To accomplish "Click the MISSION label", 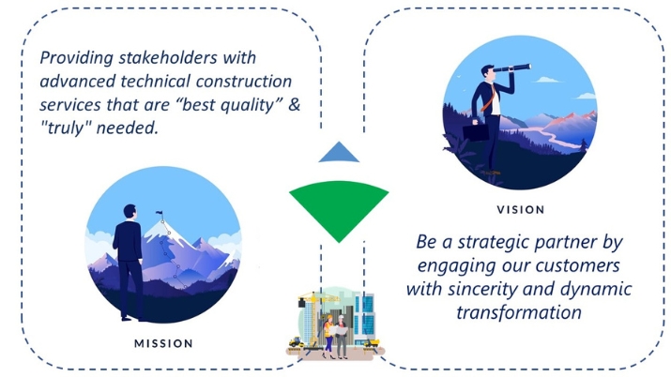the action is click(163, 343).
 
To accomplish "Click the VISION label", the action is click(521, 210).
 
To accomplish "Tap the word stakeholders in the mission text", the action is click(168, 58).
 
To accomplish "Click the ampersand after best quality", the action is click(294, 105).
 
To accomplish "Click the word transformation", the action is click(519, 312).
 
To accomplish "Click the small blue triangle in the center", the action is click(339, 152).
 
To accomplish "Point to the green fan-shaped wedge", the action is click(339, 205).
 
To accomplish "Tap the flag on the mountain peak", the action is click(160, 213).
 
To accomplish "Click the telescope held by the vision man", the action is click(511, 68).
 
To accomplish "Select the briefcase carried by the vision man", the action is click(476, 131).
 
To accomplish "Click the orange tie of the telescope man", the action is click(488, 99).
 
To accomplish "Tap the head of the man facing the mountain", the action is click(130, 212).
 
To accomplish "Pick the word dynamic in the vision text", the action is click(596, 290).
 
